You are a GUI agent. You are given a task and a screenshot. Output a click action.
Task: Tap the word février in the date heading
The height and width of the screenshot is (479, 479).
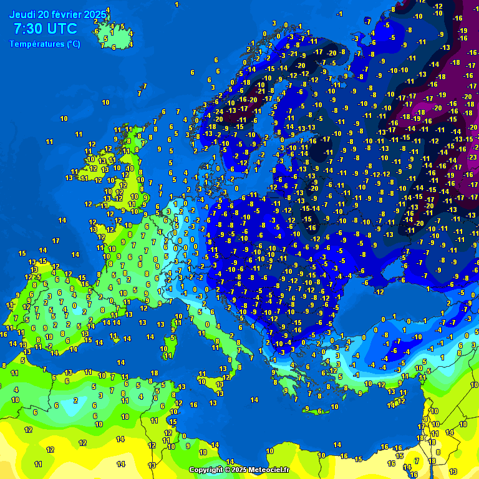(65, 14)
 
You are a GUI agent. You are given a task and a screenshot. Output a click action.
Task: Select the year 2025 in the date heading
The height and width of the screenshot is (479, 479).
(94, 14)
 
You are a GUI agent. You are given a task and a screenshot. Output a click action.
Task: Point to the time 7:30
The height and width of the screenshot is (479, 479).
(29, 29)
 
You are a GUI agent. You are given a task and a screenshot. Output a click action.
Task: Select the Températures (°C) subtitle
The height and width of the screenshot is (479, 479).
(44, 44)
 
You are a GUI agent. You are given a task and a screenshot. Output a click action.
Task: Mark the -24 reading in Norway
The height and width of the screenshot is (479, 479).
(218, 112)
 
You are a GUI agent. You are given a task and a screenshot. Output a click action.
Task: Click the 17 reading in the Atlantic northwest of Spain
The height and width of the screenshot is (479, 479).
(56, 240)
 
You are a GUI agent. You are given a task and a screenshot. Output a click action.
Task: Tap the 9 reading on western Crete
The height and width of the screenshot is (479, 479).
(307, 409)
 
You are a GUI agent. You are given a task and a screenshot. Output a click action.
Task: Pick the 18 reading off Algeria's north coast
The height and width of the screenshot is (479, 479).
(153, 373)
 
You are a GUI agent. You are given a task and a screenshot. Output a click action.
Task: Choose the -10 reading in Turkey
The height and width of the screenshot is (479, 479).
(417, 337)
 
